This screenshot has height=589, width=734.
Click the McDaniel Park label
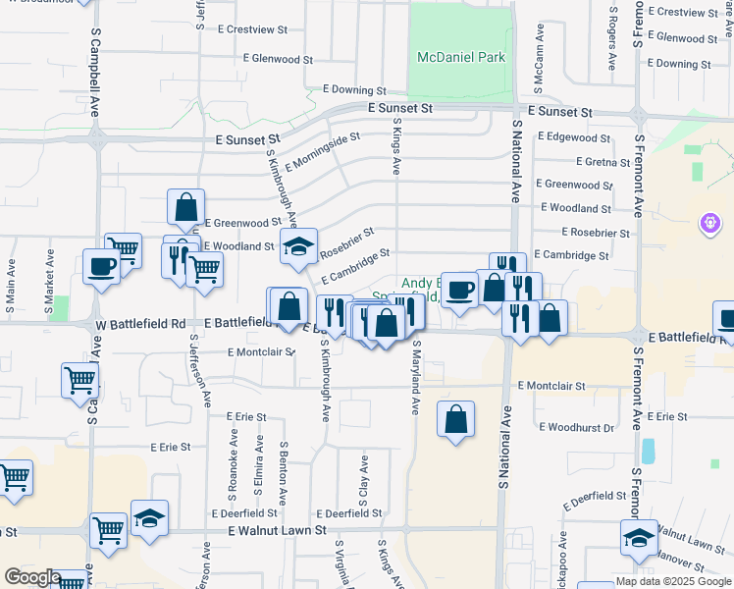[x=461, y=57]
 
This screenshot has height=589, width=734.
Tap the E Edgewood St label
[x=574, y=137]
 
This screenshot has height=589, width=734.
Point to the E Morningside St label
[x=317, y=151]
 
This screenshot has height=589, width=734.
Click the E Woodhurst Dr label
[x=577, y=427]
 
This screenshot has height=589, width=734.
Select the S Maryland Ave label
[x=416, y=377]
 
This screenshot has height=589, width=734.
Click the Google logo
[x=31, y=577]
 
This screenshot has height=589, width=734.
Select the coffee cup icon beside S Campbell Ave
[x=102, y=266]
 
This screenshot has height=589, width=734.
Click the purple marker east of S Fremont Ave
[x=710, y=225]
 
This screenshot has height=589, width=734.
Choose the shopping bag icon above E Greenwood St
[x=185, y=208]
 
